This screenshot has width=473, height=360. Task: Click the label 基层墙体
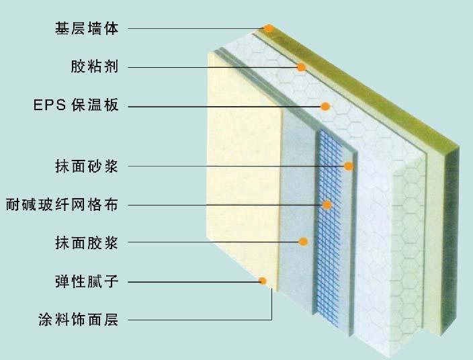[x=87, y=29]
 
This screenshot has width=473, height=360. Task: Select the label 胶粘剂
[x=95, y=67]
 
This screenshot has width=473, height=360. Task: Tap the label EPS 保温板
[x=76, y=105]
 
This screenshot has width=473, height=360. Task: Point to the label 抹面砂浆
[x=87, y=166]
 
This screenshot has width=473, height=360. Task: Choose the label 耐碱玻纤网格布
[x=62, y=205]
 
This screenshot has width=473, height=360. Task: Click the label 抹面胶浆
[x=87, y=242]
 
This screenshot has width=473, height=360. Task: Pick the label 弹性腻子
[x=87, y=281]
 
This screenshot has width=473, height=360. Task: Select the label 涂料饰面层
[x=79, y=320]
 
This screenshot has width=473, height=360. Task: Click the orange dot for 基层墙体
[x=268, y=29]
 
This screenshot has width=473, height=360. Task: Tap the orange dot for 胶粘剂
[x=301, y=67]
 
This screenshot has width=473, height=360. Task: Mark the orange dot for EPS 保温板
[x=325, y=106]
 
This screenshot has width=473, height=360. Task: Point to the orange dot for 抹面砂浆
[x=349, y=166]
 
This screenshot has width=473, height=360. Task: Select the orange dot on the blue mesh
[x=327, y=205]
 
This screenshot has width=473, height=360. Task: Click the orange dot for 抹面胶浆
[x=303, y=242]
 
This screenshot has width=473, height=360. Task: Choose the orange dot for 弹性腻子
[x=263, y=281]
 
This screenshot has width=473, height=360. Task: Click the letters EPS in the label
[x=50, y=105]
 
